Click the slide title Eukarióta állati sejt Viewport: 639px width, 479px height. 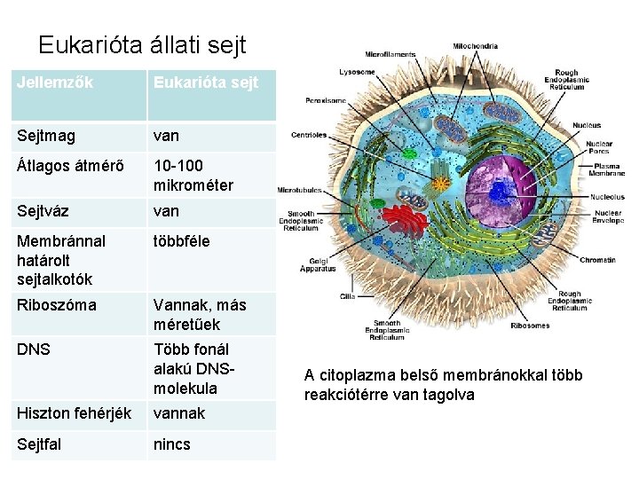(x=142, y=45)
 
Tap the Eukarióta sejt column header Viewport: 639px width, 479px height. (x=206, y=83)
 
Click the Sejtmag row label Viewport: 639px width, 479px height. (x=46, y=137)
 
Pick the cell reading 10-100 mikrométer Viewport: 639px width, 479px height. (x=193, y=176)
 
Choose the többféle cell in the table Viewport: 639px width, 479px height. (x=182, y=240)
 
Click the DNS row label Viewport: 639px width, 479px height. (x=32, y=349)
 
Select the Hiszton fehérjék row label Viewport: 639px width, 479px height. (x=74, y=413)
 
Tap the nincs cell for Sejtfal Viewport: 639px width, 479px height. (x=172, y=444)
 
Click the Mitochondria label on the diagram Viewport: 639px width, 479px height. (x=476, y=46)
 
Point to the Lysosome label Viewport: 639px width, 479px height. (x=357, y=72)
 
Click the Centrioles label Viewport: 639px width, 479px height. (x=309, y=136)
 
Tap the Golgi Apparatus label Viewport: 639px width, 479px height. (x=318, y=263)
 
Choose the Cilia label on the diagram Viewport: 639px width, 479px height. (x=347, y=295)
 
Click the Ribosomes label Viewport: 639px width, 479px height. (x=530, y=326)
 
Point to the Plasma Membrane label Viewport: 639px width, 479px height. (x=608, y=169)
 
